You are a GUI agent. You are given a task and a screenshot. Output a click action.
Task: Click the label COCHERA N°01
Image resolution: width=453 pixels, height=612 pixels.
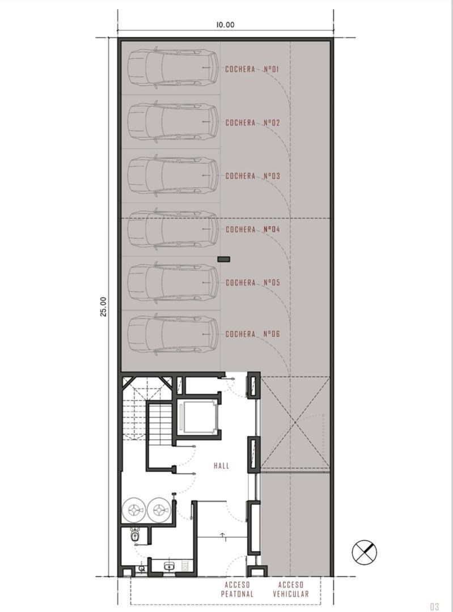[252, 70]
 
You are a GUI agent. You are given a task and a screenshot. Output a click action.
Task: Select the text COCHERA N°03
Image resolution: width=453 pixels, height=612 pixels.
[253, 176]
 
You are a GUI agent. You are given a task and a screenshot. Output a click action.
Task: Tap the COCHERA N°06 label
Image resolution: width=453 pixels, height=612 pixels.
[253, 334]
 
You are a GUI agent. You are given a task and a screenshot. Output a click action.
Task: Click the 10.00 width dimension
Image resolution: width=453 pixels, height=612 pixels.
[225, 24]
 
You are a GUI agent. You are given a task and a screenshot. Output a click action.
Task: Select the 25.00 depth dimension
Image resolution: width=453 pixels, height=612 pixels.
[103, 307]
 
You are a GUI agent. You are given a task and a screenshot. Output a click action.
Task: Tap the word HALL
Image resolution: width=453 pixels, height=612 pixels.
[222, 466]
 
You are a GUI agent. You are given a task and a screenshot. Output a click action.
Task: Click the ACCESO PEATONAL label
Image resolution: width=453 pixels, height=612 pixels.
[237, 589]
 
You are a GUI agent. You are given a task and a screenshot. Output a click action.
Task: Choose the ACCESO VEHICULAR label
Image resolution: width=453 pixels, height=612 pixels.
[290, 589]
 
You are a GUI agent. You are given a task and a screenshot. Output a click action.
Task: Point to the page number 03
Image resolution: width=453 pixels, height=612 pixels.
[434, 606]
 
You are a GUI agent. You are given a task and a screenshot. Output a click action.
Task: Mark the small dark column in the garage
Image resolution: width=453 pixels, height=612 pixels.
[224, 259]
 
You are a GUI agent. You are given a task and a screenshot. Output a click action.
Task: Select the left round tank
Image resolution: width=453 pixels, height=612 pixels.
[134, 509]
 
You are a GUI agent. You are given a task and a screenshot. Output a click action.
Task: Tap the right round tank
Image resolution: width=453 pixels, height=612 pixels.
[159, 509]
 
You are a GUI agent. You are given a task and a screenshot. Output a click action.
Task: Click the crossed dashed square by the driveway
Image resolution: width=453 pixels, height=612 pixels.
[295, 422]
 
